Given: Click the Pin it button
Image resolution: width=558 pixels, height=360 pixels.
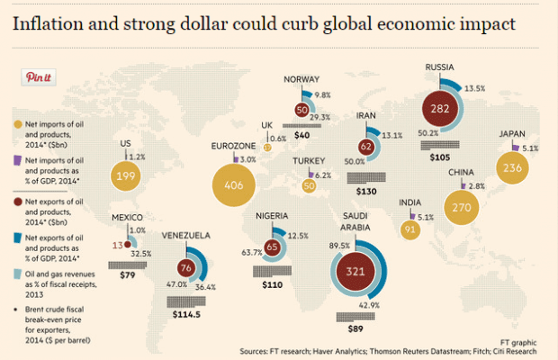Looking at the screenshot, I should pyautogui.click(x=39, y=77).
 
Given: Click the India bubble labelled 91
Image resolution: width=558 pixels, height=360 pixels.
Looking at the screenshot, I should pyautogui.click(x=409, y=229).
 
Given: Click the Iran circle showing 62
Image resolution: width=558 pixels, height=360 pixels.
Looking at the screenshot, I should pyautogui.click(x=366, y=146).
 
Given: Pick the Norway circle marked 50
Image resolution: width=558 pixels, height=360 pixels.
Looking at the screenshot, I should pyautogui.click(x=302, y=109).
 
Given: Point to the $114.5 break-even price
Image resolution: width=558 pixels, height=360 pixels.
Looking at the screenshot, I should pyautogui.click(x=187, y=315).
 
